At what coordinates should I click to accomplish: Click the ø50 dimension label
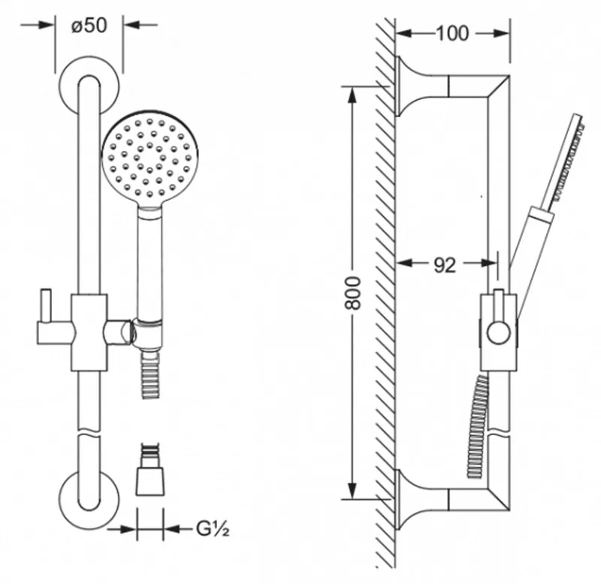pyautogui.click(x=90, y=24)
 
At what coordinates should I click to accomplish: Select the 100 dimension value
pyautogui.click(x=452, y=33)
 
